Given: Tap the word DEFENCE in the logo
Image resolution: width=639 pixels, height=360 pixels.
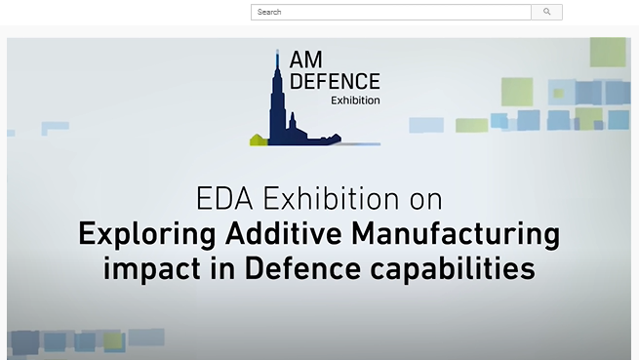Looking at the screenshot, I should (335, 82).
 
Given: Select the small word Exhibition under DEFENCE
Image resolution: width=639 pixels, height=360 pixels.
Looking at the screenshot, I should (355, 100).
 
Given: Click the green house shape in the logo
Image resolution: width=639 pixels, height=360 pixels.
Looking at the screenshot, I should (259, 139).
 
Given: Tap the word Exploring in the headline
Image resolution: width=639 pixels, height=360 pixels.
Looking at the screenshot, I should (146, 234).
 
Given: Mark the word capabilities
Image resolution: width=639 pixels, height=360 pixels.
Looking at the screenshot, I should (461, 268).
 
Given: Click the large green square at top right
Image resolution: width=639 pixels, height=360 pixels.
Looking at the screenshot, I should (607, 52).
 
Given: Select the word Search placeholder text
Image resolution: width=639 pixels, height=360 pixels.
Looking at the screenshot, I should (269, 12).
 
